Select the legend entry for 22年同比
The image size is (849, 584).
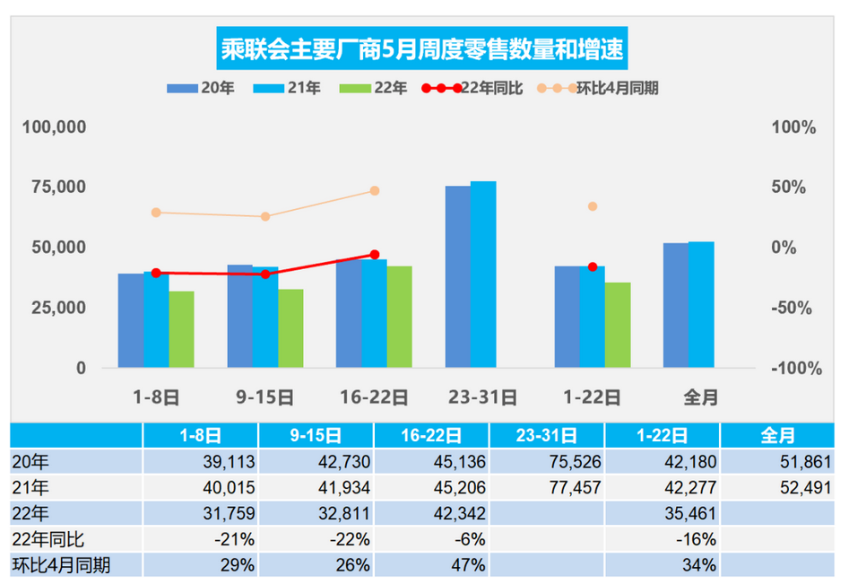(460, 88)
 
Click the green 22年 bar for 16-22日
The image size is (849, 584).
(399, 317)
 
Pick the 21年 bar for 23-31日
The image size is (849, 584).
(483, 275)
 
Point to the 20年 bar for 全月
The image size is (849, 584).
(676, 305)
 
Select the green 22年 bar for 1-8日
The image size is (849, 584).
(181, 329)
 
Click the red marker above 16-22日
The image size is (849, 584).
(374, 255)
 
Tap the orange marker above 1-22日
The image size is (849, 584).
(593, 206)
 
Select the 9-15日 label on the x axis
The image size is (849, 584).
(265, 396)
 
